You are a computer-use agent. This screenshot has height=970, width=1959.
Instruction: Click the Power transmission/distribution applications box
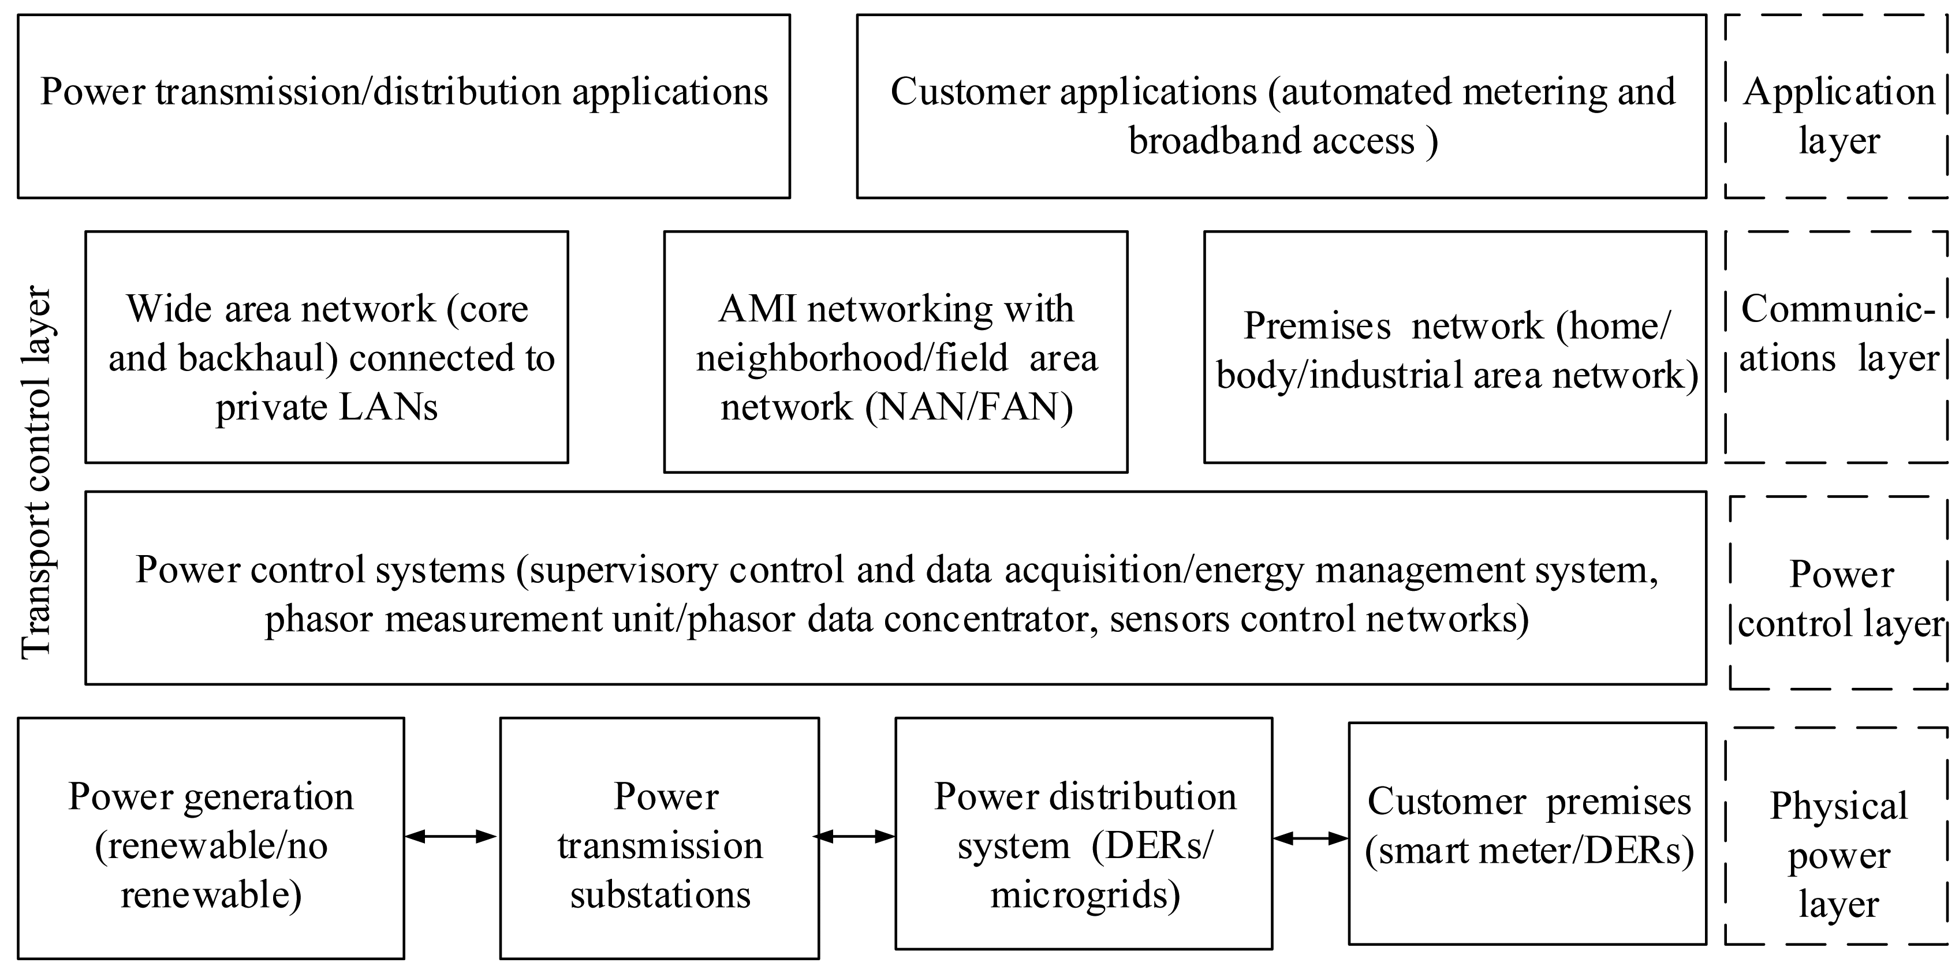tap(404, 106)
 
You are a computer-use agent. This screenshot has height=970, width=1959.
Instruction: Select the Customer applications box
tap(1281, 106)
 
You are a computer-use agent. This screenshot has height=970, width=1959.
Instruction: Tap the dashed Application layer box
tap(1837, 106)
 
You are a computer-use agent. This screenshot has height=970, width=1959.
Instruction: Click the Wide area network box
tap(326, 347)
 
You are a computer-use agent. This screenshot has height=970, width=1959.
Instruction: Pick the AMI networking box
tap(895, 352)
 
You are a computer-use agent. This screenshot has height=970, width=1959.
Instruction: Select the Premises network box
tap(1455, 347)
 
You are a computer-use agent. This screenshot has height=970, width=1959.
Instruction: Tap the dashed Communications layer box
tap(1837, 347)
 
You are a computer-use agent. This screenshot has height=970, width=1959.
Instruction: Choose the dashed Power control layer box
tap(1839, 593)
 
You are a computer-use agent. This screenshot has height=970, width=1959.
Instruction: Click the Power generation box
tap(211, 838)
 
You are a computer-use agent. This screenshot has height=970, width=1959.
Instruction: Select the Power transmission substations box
tap(659, 838)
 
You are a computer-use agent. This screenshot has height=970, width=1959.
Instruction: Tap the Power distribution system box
tap(1084, 834)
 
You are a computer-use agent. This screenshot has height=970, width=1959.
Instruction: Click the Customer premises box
tap(1528, 834)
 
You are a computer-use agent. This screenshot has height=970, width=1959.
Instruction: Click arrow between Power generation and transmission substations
tap(451, 837)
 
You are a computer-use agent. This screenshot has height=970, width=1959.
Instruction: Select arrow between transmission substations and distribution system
tap(856, 837)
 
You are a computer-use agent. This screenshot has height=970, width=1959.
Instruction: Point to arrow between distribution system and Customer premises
tap(1310, 838)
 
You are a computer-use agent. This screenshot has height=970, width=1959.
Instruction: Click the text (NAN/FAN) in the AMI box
tap(969, 407)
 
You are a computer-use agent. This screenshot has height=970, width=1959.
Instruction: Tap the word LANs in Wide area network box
tap(388, 407)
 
